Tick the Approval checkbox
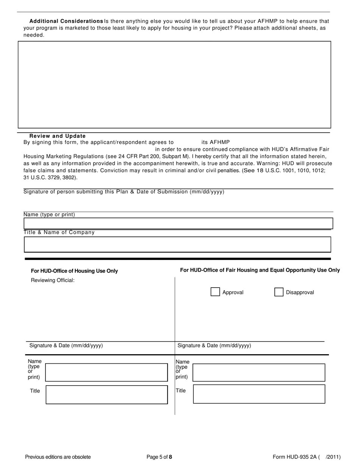pyautogui.click(x=215, y=292)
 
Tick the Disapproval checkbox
pyautogui.click(x=279, y=292)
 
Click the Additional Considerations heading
pyautogui.click(x=66, y=21)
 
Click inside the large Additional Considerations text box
pyautogui.click(x=174, y=84)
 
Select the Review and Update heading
pyautogui.click(x=58, y=136)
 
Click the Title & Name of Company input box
pyautogui.click(x=177, y=244)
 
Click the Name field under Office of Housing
pyautogui.click(x=106, y=372)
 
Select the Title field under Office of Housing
pyautogui.click(x=106, y=395)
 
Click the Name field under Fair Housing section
pyautogui.click(x=259, y=372)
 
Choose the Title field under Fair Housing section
pyautogui.click(x=259, y=394)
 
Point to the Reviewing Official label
pyautogui.click(x=53, y=280)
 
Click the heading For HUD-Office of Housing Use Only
pyautogui.click(x=74, y=271)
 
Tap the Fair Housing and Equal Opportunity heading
pyautogui.click(x=260, y=270)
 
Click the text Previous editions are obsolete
pyautogui.click(x=58, y=457)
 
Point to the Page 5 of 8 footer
pyautogui.click(x=160, y=457)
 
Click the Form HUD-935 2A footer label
pyautogui.click(x=294, y=457)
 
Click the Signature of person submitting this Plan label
pyautogui.click(x=124, y=192)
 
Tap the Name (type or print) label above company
pyautogui.click(x=49, y=214)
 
